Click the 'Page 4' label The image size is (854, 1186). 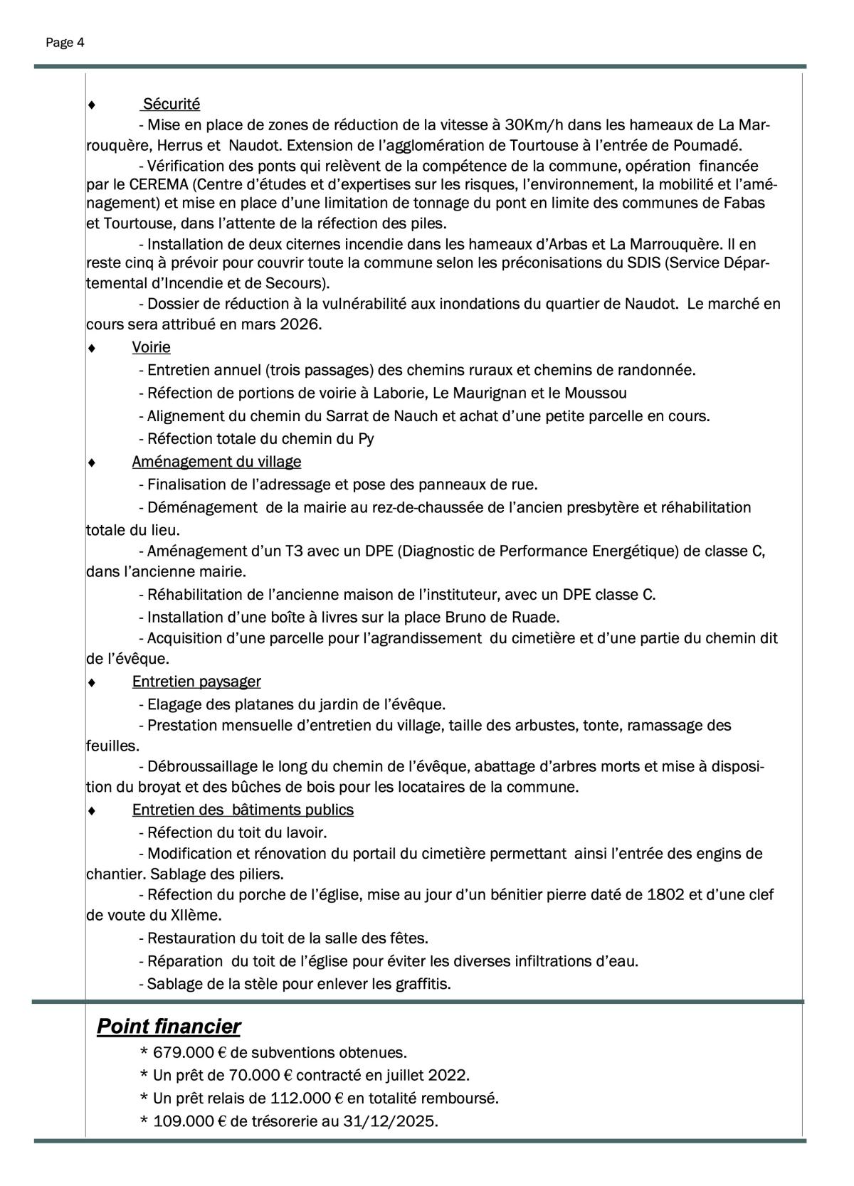pos(65,43)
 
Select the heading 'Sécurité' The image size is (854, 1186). pos(172,104)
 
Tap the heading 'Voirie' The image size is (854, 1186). pos(151,347)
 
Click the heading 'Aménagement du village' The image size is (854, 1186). pos(216,462)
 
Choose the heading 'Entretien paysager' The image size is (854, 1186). pos(196,682)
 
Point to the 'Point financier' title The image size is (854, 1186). pos(169,1027)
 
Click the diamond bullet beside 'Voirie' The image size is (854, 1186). pos(91,348)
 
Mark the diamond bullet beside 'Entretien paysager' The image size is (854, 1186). pos(91,682)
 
